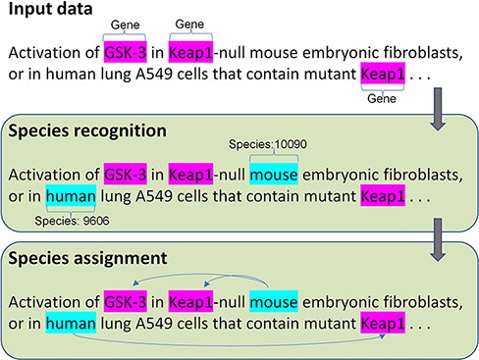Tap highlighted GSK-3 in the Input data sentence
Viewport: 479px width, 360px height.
125,51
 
